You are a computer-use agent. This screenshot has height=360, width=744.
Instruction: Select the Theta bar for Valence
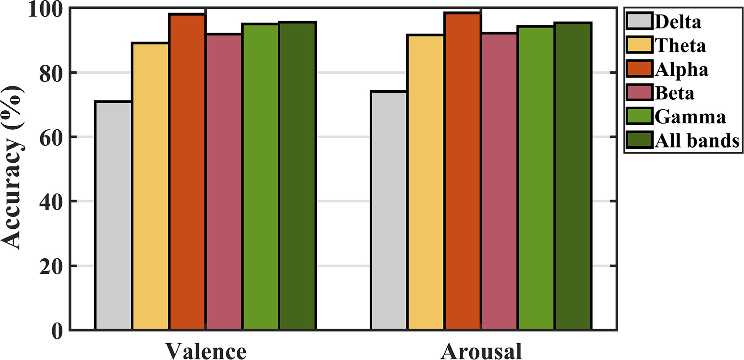pos(150,186)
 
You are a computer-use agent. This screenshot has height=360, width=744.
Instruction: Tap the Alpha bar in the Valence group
pos(187,172)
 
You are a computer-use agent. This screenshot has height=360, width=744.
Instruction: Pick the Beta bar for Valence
pos(224,181)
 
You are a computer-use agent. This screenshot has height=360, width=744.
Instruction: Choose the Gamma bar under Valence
pos(261,177)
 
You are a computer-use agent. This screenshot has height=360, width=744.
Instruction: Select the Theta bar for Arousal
pos(426,182)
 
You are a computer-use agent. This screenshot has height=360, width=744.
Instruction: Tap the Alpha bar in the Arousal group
pos(463,171)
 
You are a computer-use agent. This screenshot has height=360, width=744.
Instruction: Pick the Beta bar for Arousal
pos(499,181)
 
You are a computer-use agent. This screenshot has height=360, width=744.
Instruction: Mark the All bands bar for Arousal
pos(573,176)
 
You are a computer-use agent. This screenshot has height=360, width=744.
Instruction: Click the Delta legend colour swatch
pos(639,22)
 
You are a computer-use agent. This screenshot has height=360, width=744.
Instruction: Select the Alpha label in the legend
pos(681,70)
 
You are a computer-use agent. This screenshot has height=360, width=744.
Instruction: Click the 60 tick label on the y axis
pos(50,137)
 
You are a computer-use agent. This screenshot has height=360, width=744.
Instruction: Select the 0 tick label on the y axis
pos(56,330)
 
